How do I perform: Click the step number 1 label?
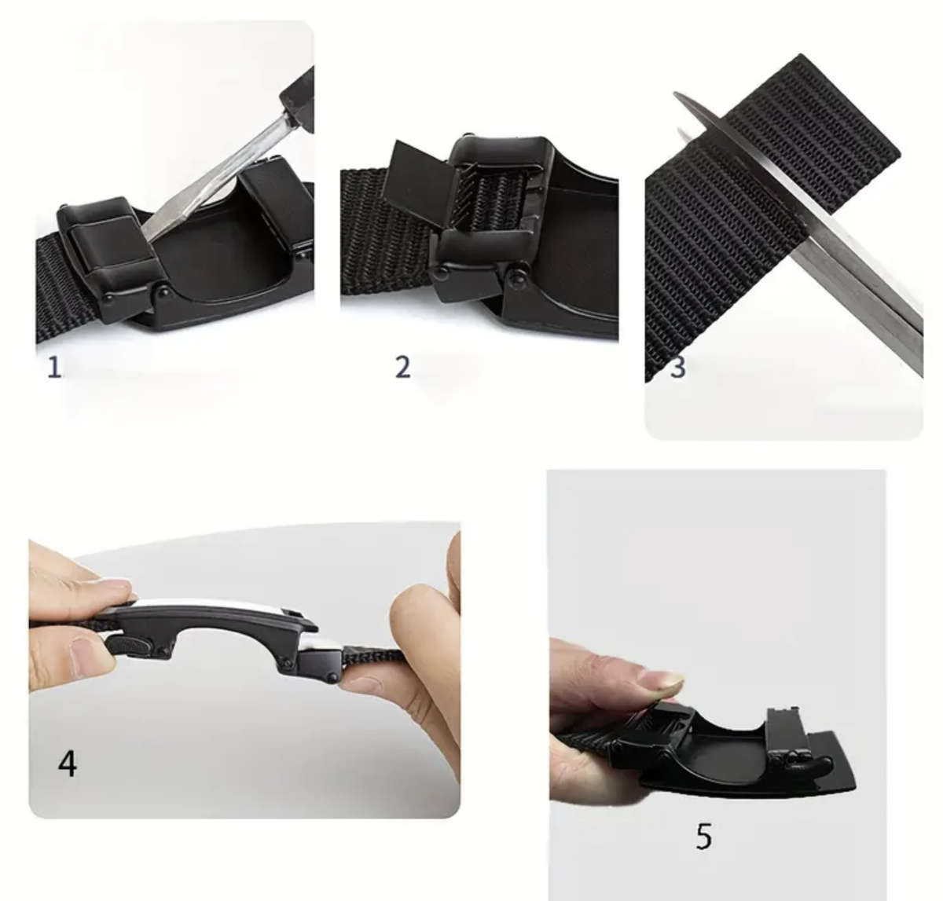pyautogui.click(x=54, y=367)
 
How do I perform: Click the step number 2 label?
pyautogui.click(x=402, y=367)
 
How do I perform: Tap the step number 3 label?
pyautogui.click(x=677, y=368)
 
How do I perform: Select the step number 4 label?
pyautogui.click(x=68, y=762)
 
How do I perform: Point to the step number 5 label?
pyautogui.click(x=703, y=837)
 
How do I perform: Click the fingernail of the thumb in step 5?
pyautogui.click(x=660, y=682)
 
